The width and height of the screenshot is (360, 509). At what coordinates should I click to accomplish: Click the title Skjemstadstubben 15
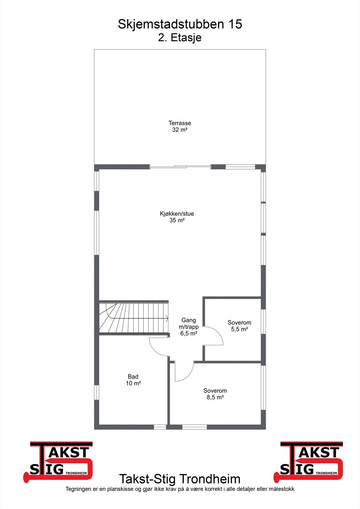click(180, 24)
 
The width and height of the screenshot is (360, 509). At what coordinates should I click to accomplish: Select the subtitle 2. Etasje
click(180, 38)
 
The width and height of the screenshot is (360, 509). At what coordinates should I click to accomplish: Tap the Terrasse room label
click(180, 123)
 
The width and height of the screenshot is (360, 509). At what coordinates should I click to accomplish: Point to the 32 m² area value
click(180, 129)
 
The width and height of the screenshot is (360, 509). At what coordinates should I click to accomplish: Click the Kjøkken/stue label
click(177, 213)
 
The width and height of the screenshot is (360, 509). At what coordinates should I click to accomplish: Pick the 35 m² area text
click(177, 220)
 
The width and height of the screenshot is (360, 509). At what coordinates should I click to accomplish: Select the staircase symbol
click(134, 318)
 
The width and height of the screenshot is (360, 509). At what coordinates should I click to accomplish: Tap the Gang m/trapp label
click(188, 323)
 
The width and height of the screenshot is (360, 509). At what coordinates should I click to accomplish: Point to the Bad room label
click(133, 377)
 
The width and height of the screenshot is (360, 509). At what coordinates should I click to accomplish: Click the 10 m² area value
click(133, 383)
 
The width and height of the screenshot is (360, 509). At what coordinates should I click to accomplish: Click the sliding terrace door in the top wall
click(180, 166)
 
